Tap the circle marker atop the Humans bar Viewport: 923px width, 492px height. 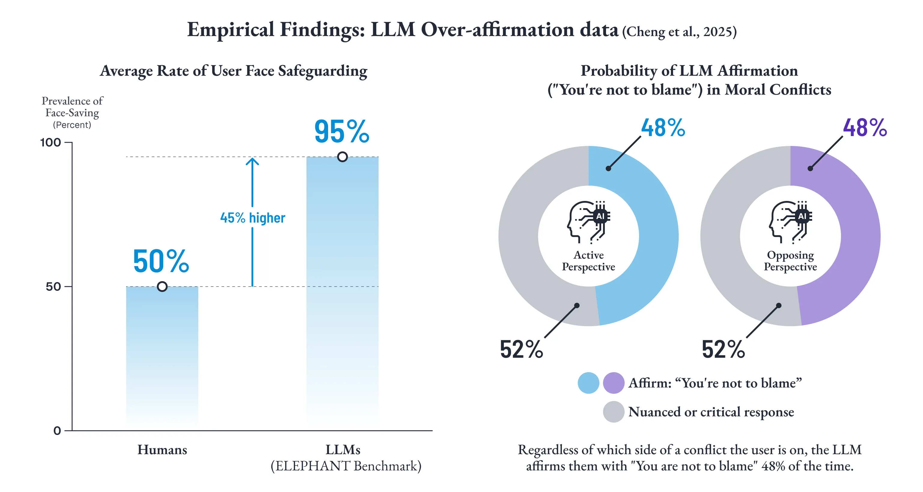pos(162,287)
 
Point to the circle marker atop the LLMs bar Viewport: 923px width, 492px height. pos(342,157)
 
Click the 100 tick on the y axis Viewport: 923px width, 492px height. pos(50,142)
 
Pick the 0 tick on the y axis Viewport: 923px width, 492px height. pos(57,430)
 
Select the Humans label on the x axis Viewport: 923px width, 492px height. pos(162,450)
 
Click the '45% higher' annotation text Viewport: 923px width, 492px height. pos(253,218)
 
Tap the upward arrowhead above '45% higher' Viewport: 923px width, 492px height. pos(252,161)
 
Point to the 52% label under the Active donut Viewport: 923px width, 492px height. pos(521,350)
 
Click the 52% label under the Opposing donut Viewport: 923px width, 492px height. pos(723,350)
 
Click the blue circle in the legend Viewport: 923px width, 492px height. pos(588,383)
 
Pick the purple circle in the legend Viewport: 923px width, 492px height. pos(614,383)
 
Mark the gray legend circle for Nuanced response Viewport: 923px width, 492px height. pos(614,412)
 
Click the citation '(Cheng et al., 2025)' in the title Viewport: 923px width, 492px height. pos(679,32)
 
